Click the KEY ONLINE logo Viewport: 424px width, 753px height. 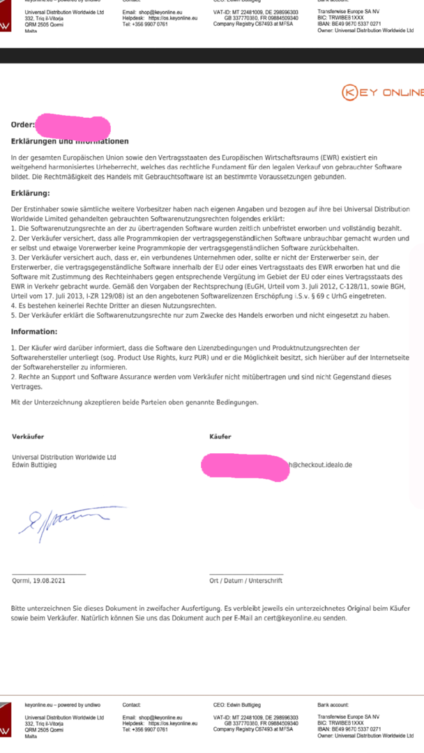[x=383, y=93]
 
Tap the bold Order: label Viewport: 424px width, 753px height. [x=23, y=125]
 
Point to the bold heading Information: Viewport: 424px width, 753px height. [x=34, y=332]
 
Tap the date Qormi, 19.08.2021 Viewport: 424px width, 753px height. [x=39, y=580]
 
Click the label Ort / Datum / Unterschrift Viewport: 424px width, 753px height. [x=245, y=580]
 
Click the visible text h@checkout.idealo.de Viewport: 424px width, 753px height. [x=321, y=464]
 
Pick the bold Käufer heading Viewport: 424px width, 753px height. [x=220, y=436]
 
